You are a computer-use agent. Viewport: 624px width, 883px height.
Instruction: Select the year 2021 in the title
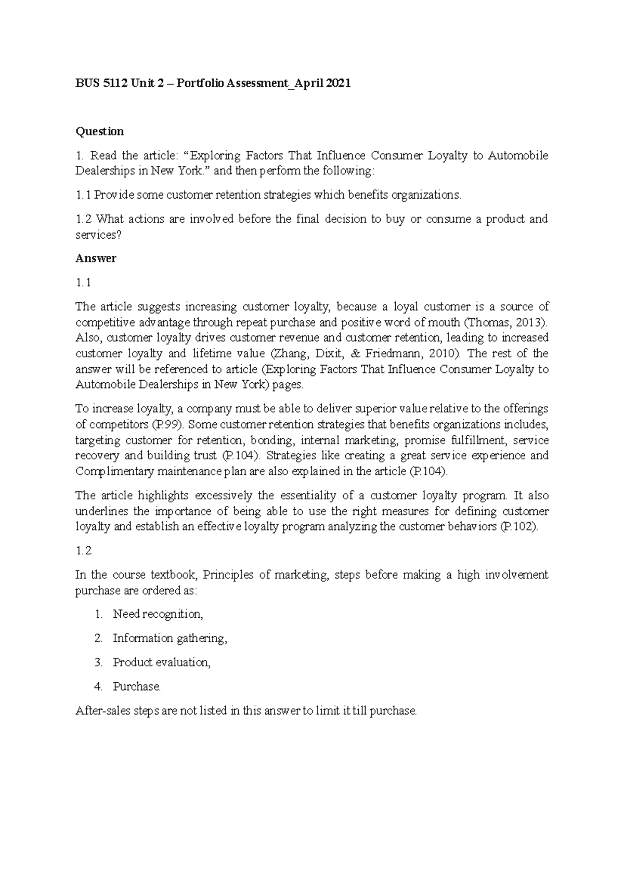click(x=339, y=83)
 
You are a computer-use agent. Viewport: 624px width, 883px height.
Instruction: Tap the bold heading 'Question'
click(x=100, y=131)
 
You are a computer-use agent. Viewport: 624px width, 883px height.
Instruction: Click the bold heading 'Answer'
click(x=96, y=258)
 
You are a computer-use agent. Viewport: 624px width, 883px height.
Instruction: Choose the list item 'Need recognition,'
click(x=158, y=614)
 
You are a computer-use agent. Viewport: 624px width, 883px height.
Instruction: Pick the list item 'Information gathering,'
click(x=170, y=638)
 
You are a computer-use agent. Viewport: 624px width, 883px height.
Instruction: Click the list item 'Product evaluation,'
click(x=162, y=663)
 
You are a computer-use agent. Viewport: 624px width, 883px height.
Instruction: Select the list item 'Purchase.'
click(x=137, y=686)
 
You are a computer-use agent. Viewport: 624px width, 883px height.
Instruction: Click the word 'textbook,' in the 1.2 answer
click(x=173, y=575)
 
